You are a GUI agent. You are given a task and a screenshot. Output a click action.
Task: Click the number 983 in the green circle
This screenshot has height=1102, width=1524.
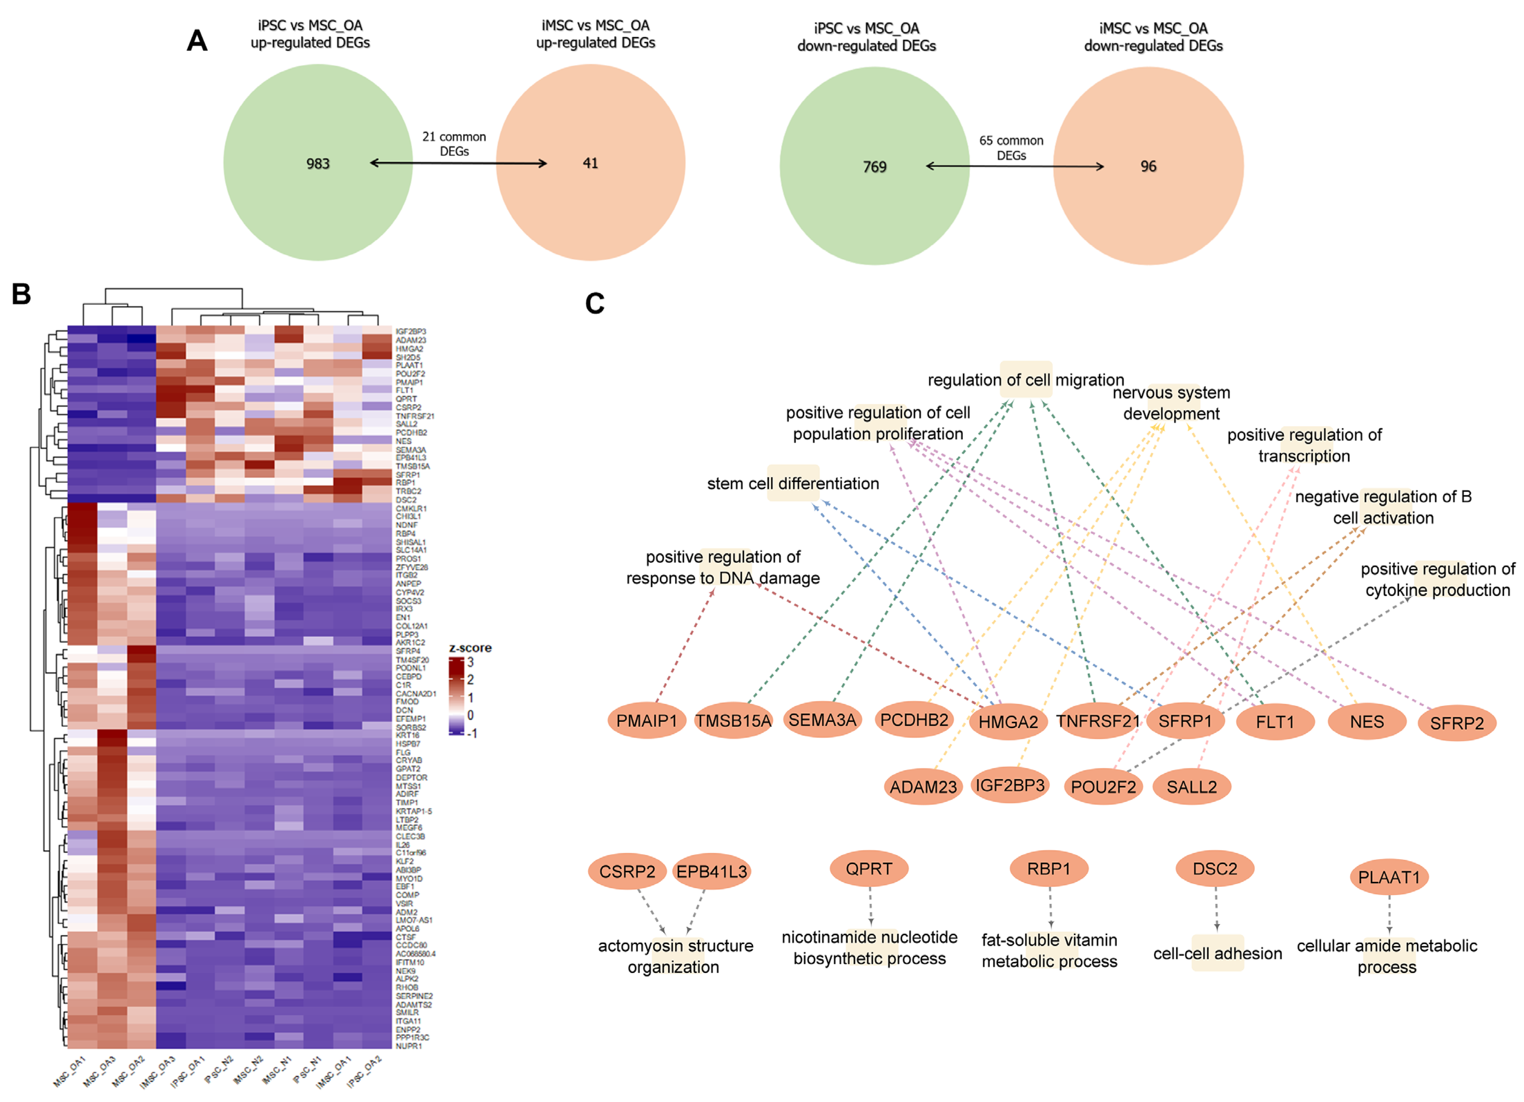coord(318,164)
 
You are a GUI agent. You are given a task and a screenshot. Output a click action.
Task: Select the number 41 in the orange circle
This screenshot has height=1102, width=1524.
coord(590,163)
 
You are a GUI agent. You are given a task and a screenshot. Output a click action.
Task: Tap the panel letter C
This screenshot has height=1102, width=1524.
coord(595,304)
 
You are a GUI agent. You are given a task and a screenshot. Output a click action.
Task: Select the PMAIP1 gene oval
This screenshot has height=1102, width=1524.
coord(646,721)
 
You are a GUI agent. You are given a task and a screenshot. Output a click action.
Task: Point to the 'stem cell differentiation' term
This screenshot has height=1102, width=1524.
coord(793,484)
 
